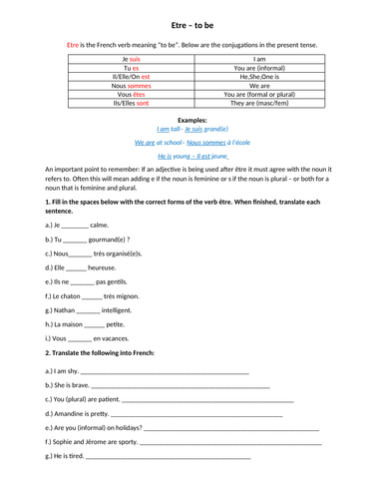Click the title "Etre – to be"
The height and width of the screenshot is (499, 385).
coord(192,21)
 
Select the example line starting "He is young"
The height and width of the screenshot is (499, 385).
coord(192,157)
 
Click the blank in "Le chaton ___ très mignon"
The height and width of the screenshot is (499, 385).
coord(92,296)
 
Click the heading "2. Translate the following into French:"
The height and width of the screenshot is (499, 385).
coord(109,353)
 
